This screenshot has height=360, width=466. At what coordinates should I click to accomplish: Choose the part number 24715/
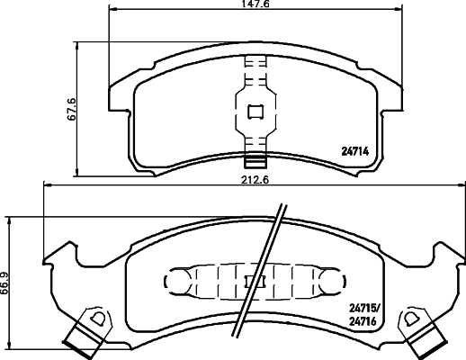click(363, 309)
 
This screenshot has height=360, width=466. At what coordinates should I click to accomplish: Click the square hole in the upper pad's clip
click(255, 112)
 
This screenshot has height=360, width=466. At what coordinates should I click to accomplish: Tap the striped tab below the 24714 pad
click(255, 162)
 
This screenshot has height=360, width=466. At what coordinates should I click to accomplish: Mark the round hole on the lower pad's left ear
click(95, 318)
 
